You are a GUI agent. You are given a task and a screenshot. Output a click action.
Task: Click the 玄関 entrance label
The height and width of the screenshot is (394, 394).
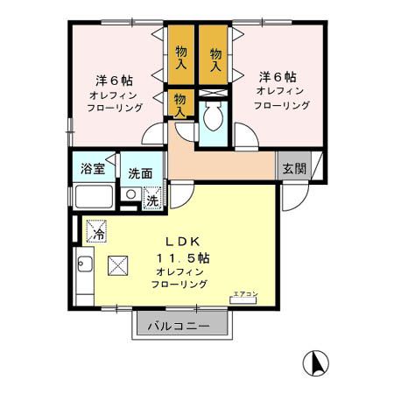coord(293,168)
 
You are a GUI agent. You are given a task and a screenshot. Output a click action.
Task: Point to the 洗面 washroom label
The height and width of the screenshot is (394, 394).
coord(140,172)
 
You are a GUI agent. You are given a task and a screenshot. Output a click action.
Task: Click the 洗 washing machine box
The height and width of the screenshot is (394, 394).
coord(151,199)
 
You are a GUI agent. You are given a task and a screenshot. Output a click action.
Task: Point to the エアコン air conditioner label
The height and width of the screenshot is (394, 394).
coord(244,295)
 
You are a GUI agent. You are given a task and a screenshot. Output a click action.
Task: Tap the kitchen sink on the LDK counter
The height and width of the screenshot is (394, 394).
coord(85,263)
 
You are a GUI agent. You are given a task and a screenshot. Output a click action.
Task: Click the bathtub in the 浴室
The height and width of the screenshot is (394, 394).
coord(93,196)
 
